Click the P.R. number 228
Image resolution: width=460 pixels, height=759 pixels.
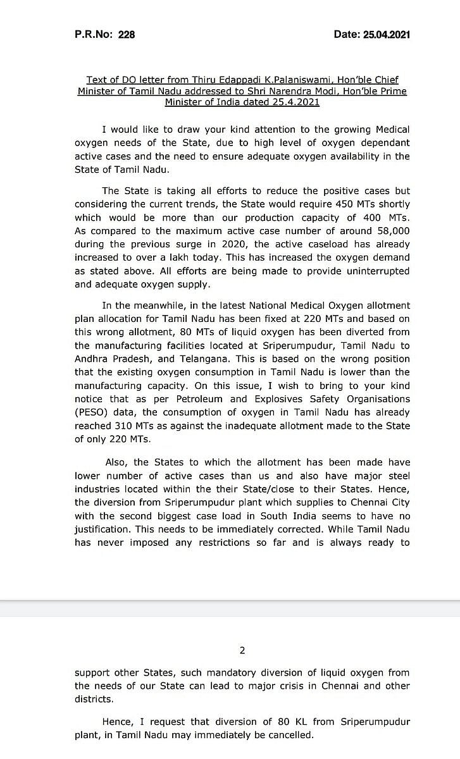tap(127, 35)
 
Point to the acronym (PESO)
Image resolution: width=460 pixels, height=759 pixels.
tap(90, 412)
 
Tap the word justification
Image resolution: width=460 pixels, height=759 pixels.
tap(104, 529)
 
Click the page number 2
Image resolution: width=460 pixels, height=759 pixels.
tap(242, 650)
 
